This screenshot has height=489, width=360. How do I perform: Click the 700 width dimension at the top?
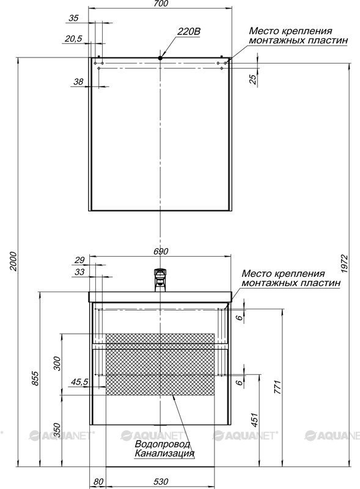pyautogui.click(x=161, y=4)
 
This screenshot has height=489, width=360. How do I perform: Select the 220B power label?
pyautogui.click(x=189, y=32)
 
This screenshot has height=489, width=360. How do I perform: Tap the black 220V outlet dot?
pyautogui.click(x=160, y=57)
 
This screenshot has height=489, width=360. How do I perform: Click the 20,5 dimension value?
pyautogui.click(x=73, y=39)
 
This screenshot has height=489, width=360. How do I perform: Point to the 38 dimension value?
pyautogui.click(x=78, y=82)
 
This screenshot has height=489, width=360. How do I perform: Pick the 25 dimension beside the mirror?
pyautogui.click(x=253, y=79)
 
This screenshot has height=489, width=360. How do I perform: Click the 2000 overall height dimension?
pyautogui.click(x=13, y=261)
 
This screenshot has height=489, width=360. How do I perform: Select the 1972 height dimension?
pyautogui.click(x=343, y=264)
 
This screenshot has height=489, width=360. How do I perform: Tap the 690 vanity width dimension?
pyautogui.click(x=161, y=251)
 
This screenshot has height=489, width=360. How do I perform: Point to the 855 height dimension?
pyautogui.click(x=36, y=378)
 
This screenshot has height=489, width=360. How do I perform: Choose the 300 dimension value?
pyautogui.click(x=57, y=363)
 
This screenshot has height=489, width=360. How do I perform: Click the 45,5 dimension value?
pyautogui.click(x=80, y=381)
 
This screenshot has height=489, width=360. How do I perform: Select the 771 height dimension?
pyautogui.click(x=277, y=387)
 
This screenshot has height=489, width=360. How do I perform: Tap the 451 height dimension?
pyautogui.click(x=255, y=420)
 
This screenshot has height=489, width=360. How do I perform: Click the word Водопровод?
pyautogui.click(x=162, y=444)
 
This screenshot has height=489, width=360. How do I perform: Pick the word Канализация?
pyautogui.click(x=164, y=453)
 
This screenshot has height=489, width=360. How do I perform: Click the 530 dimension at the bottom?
pyautogui.click(x=161, y=482)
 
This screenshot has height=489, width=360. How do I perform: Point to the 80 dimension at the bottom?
pyautogui.click(x=98, y=482)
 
